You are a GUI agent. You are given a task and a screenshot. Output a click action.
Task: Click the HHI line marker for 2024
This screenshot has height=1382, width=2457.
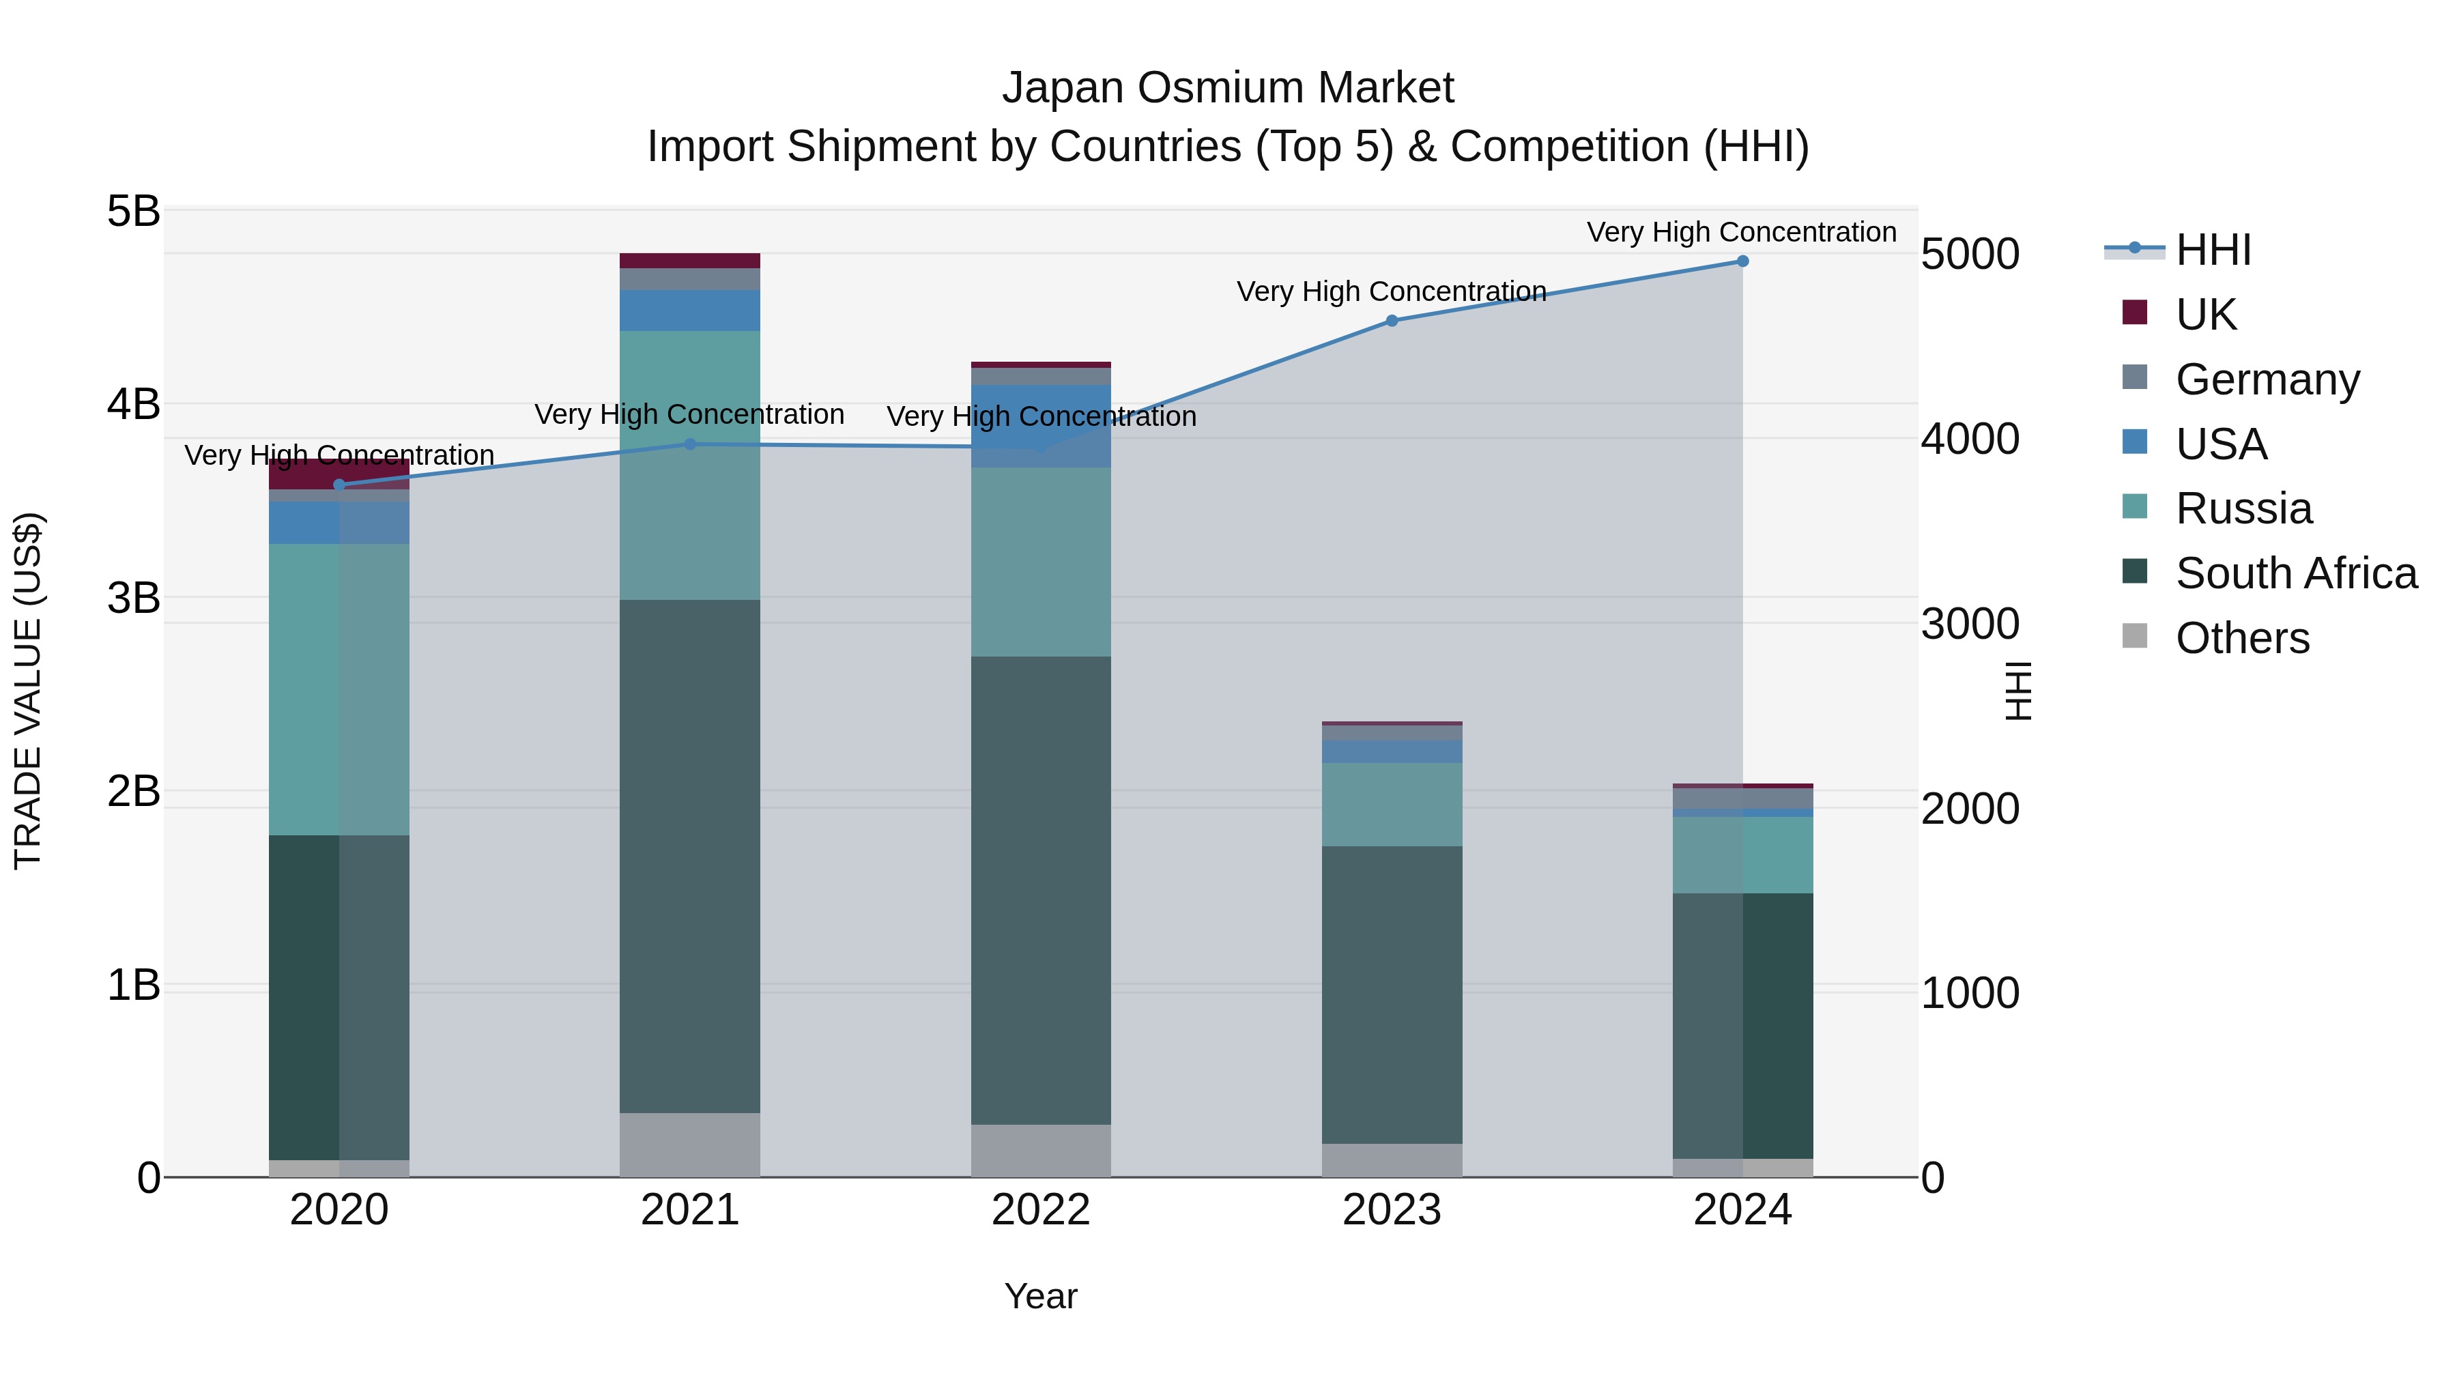tap(1742, 261)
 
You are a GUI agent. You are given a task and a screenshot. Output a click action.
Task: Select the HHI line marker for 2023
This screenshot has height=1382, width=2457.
tap(1391, 321)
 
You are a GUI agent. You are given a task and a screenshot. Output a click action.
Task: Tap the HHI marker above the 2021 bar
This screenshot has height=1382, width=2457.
tap(689, 444)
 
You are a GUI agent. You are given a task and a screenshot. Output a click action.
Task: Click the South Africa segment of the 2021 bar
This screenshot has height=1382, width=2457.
tap(689, 856)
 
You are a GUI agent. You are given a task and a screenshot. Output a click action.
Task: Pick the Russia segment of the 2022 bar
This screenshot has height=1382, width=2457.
tap(1041, 561)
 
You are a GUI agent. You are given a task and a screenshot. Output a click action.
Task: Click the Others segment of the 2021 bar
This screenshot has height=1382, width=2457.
tap(689, 1145)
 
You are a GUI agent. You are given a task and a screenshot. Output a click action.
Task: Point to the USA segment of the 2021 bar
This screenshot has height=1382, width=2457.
tap(689, 310)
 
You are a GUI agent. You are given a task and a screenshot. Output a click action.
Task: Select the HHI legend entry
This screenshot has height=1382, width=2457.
tap(2213, 250)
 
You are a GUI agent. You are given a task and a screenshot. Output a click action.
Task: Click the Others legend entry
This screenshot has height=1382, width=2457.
tap(2241, 638)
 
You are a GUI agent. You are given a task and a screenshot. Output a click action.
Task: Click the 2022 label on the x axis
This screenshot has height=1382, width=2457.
tap(1041, 1210)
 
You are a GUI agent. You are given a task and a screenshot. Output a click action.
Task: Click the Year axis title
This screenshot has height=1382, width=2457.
tap(1041, 1296)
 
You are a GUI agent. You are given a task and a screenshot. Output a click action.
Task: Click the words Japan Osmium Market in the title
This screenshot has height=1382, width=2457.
tap(1228, 88)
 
